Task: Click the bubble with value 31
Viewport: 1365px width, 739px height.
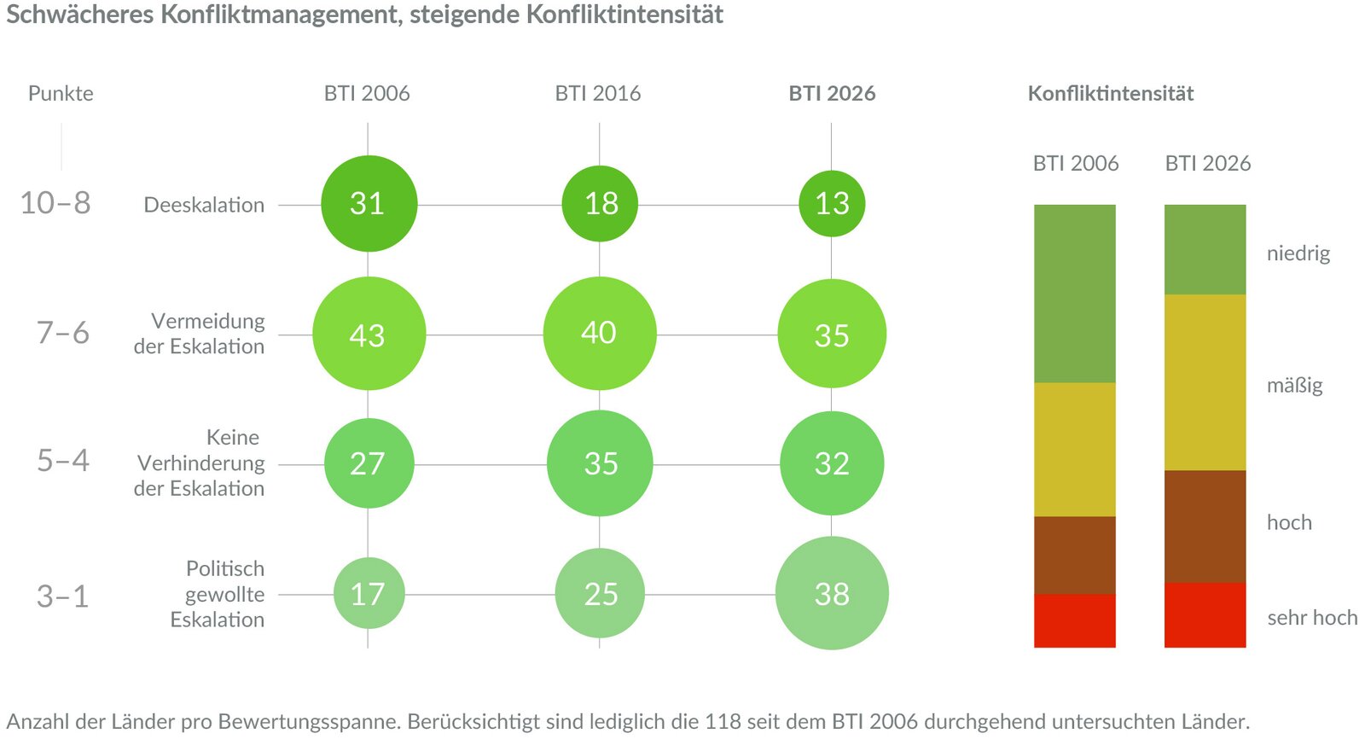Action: pos(369,203)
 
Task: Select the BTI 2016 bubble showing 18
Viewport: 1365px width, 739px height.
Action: pos(600,203)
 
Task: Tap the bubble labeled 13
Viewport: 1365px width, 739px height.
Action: pos(832,203)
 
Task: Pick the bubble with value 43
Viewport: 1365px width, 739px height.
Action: pos(369,334)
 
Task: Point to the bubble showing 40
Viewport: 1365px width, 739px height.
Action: pos(600,333)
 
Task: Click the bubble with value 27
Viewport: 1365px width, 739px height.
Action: pos(369,463)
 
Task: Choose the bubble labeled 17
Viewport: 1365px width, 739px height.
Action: pos(369,593)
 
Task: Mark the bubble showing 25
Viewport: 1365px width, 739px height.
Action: pos(600,593)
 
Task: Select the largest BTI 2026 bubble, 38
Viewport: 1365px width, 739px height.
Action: pos(832,593)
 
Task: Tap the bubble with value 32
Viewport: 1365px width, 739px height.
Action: pos(832,463)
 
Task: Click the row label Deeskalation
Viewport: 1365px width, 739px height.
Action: pos(204,205)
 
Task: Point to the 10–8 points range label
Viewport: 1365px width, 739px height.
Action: pos(55,203)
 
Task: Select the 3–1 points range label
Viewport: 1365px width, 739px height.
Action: pos(62,596)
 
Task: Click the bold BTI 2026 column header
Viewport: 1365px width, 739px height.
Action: pos(832,93)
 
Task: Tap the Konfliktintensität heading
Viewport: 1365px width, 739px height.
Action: pos(1110,93)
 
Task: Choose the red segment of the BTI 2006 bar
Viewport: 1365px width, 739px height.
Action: pos(1074,620)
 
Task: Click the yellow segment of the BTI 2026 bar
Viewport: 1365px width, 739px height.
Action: pos(1205,382)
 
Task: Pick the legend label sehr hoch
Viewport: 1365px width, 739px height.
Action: pos(1312,618)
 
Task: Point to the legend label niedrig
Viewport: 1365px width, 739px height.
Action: pos(1298,253)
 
